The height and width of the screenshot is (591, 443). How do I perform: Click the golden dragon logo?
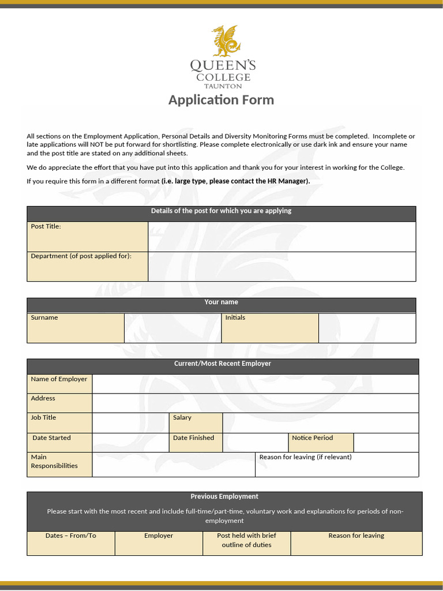(224, 40)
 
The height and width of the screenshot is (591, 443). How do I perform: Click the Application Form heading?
(221, 100)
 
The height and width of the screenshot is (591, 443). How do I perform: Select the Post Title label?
(46, 226)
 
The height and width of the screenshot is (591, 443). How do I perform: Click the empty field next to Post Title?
(281, 236)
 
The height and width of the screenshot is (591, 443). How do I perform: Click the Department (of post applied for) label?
(81, 256)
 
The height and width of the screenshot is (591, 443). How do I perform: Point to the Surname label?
(44, 317)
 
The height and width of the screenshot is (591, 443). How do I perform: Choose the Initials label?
(235, 317)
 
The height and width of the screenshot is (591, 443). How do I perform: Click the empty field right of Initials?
(367, 328)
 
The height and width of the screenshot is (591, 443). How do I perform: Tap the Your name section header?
(221, 302)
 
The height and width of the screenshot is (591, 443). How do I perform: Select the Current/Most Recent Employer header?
(223, 364)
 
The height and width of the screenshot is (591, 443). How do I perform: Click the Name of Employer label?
(59, 379)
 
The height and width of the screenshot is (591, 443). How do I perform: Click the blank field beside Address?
(255, 403)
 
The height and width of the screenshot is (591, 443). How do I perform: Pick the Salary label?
(182, 417)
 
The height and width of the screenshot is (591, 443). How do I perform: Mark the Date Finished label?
(193, 437)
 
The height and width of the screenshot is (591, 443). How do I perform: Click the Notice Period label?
(312, 437)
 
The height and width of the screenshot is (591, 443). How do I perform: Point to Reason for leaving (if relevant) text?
(305, 457)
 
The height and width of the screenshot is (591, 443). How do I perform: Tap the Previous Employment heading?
(224, 496)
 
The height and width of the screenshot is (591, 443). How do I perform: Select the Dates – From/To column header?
(71, 536)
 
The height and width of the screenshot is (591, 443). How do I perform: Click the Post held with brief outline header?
(246, 540)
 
